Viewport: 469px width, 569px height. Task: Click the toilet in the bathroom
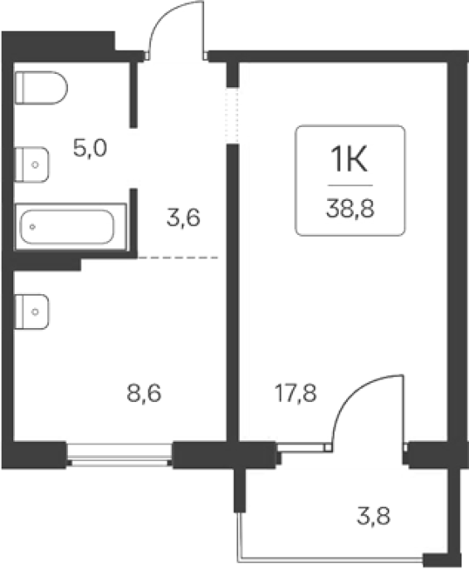click(x=41, y=88)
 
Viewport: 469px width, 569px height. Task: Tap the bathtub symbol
click(x=71, y=227)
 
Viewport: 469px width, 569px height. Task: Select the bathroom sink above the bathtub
click(x=32, y=164)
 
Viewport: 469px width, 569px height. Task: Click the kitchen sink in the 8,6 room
click(x=32, y=311)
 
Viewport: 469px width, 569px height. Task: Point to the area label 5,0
click(x=90, y=149)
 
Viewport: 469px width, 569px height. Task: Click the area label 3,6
click(x=183, y=218)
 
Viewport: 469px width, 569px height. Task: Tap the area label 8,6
click(x=144, y=394)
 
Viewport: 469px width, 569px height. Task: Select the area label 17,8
click(x=296, y=394)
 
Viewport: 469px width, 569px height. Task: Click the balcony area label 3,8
click(x=374, y=516)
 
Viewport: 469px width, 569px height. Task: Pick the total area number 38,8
click(x=350, y=209)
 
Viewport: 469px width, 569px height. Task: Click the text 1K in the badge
click(x=349, y=159)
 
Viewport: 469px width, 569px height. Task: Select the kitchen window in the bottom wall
click(x=120, y=454)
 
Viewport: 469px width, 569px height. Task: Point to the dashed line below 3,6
click(x=178, y=258)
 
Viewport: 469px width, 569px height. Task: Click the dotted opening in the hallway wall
click(x=232, y=115)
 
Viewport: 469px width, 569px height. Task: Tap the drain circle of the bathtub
click(x=32, y=227)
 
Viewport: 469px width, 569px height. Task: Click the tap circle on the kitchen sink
click(x=35, y=311)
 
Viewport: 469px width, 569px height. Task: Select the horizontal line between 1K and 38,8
click(x=350, y=185)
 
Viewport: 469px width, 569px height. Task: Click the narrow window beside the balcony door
click(x=302, y=447)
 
